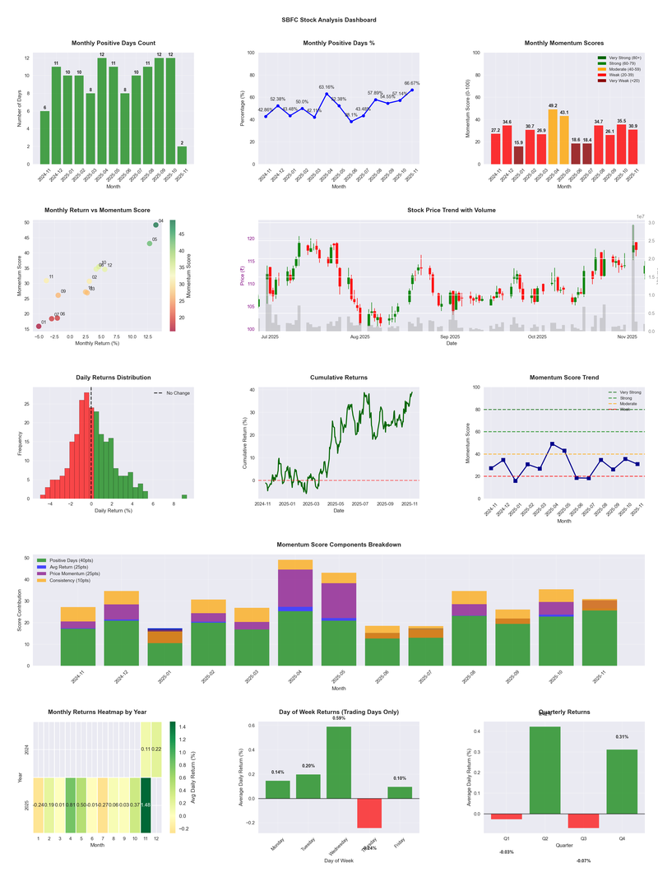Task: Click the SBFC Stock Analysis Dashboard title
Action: point(329,19)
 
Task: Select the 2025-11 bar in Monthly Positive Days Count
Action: point(181,155)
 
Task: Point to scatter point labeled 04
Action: point(155,225)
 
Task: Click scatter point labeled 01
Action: point(38,327)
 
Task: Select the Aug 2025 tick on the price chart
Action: point(359,336)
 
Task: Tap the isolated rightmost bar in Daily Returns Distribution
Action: point(184,496)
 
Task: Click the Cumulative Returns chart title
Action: point(339,378)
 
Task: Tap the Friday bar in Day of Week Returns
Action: point(400,792)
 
